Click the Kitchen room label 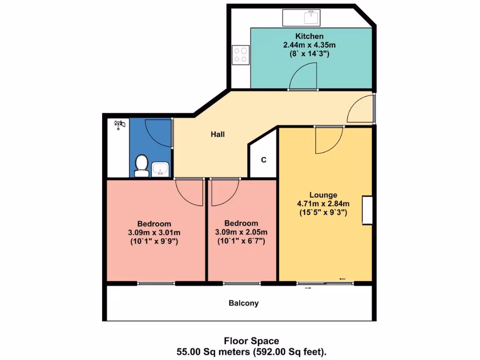pos(309,36)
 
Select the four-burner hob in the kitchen pos(241,54)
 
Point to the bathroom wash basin pos(161,168)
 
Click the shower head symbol pos(120,124)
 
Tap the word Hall pos(217,135)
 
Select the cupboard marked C pos(263,160)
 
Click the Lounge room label pos(323,195)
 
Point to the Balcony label pos(243,303)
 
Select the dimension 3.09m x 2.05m pos(241,232)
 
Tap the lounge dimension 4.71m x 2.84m pos(323,203)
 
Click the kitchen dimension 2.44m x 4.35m pos(309,45)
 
